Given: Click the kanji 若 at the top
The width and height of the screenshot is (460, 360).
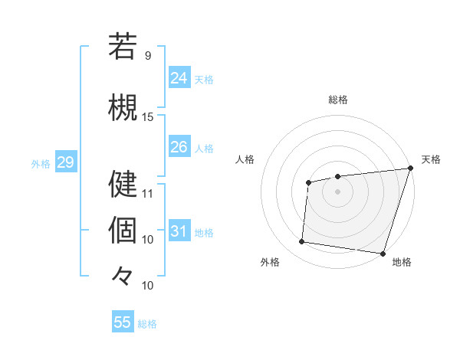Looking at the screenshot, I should (123, 47).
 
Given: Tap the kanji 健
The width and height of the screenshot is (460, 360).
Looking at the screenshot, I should (123, 184).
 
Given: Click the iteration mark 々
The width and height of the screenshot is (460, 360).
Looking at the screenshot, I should (123, 275).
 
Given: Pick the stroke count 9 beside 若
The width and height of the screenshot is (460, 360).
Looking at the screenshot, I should (148, 56).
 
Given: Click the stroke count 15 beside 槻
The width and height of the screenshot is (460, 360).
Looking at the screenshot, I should (148, 117).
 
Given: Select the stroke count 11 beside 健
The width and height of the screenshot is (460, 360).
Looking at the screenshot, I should (148, 193).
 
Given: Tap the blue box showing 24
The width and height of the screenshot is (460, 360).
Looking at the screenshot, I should (179, 78).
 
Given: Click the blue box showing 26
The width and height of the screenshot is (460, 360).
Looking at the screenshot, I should (179, 147).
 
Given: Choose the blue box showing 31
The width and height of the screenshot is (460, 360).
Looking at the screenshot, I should (179, 231).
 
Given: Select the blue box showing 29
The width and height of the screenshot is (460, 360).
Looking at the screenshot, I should (65, 162).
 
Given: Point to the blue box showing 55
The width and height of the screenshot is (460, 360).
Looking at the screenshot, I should (123, 322).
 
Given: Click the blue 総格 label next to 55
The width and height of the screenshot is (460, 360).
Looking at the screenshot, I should (147, 324).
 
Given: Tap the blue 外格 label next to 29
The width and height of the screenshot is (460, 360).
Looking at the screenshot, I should (41, 163).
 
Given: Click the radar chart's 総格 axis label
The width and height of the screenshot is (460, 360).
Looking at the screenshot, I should (337, 100).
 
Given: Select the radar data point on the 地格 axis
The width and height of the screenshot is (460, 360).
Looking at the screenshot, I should (383, 253).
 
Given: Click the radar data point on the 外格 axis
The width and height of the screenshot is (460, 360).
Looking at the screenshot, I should (301, 242).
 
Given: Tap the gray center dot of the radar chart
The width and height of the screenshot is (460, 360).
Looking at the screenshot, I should (337, 191).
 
